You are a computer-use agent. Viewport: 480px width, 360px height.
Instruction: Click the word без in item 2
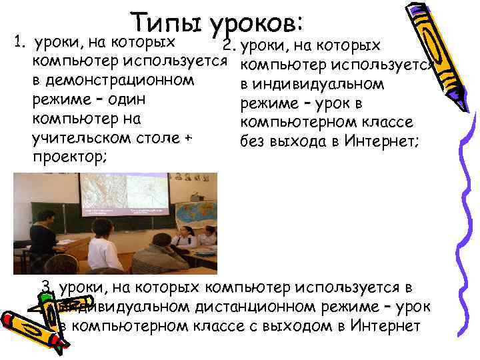(x=251, y=141)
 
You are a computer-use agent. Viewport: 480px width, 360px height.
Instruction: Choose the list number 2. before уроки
(x=229, y=46)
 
